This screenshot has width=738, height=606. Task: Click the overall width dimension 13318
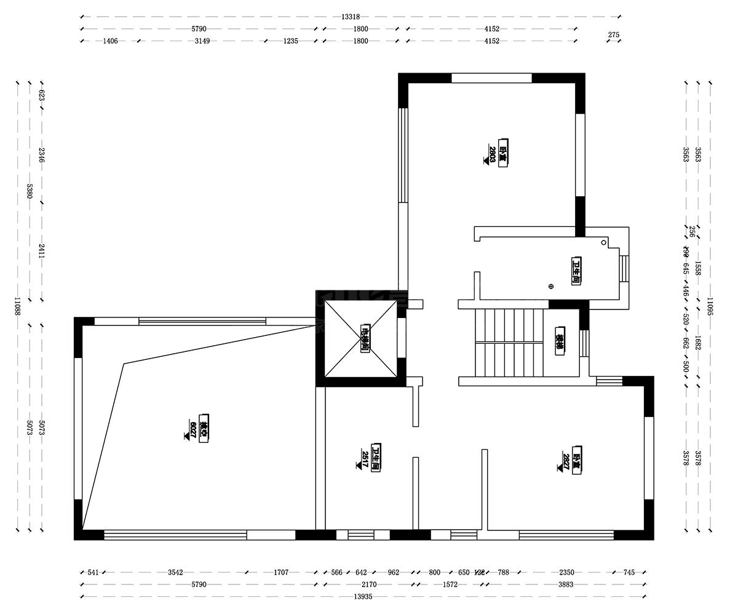pos(351,17)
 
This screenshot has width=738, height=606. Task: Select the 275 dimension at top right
pos(613,35)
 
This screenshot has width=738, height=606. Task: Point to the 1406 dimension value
pos(110,41)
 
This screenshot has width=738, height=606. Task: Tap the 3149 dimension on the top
pos(202,41)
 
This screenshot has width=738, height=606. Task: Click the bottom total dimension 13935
pos(363,597)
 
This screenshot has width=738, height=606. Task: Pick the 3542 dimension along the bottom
pos(176,572)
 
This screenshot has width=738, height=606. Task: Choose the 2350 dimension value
pos(566,572)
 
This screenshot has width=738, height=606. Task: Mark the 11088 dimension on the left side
pos(17,306)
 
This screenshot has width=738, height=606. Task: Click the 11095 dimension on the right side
pos(710,306)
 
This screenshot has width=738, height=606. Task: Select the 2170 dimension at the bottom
pos(369,584)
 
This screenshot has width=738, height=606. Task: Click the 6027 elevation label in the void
pos(193,429)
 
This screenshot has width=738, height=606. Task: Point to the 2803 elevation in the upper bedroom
pos(492,153)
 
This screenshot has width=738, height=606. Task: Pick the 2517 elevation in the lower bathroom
pos(365,459)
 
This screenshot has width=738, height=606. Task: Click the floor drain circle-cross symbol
pos(551,286)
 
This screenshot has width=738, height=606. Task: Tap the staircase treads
pos(509,343)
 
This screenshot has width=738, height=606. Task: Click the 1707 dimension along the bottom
pos(281,572)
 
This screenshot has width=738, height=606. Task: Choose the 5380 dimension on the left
pos(30,191)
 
